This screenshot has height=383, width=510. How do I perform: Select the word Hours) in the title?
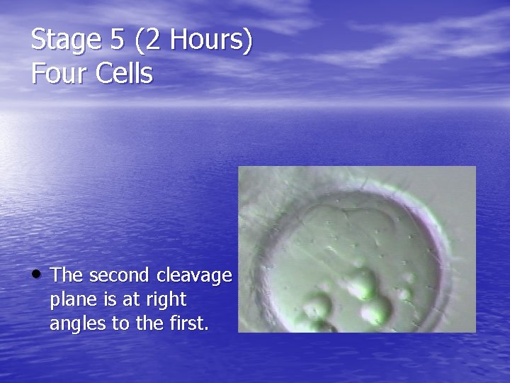tap(212, 41)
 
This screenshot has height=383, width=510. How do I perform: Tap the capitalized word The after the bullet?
tap(67, 275)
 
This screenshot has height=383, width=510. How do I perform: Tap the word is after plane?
tap(111, 299)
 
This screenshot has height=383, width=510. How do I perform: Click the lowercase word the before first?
tap(147, 324)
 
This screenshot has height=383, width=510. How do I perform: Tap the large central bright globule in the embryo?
tap(363, 284)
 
